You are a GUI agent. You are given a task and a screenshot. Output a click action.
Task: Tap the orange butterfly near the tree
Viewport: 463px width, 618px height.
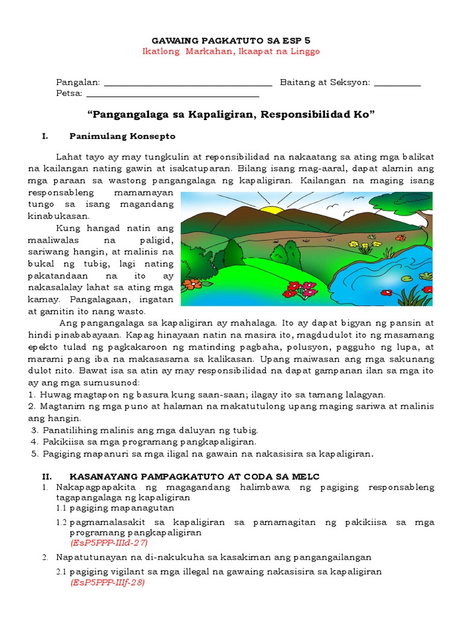point(400,238)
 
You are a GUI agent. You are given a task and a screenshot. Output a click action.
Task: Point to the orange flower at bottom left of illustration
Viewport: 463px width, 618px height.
point(192,284)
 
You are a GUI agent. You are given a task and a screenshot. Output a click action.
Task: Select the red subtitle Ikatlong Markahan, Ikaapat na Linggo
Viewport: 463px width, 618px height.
point(231,51)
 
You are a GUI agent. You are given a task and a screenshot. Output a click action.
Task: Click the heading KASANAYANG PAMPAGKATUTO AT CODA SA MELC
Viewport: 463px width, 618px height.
point(194,477)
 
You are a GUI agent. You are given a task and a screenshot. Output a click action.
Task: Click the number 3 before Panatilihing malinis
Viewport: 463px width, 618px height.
point(35,430)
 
